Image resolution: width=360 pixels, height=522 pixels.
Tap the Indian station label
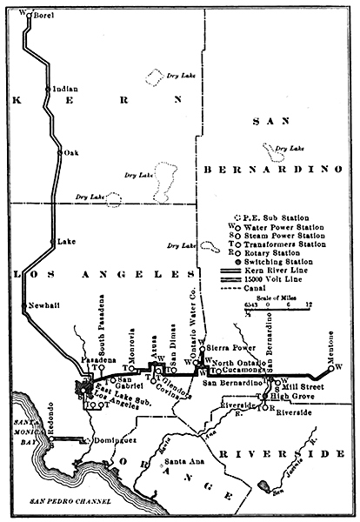(65, 89)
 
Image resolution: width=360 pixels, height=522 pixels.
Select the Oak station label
(71, 153)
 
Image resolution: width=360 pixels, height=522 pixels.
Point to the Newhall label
(44, 306)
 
